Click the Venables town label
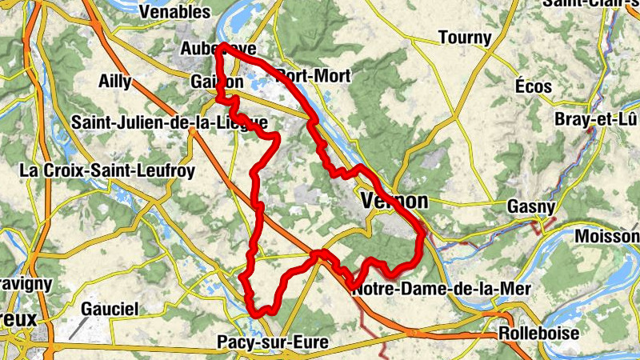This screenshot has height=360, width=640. (174, 12)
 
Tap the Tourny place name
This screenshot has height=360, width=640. (464, 38)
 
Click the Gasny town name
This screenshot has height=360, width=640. (531, 206)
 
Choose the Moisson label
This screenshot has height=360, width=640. (610, 238)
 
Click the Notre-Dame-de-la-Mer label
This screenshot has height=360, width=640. (441, 288)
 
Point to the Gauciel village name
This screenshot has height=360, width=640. (110, 309)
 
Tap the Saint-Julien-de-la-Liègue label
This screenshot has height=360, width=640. (169, 122)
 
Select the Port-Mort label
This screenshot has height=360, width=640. (314, 76)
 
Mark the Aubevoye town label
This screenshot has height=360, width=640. (207, 48)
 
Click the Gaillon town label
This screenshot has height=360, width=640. (216, 82)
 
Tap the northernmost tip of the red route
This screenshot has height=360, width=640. (223, 46)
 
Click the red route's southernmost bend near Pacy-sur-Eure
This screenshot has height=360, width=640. (258, 311)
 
